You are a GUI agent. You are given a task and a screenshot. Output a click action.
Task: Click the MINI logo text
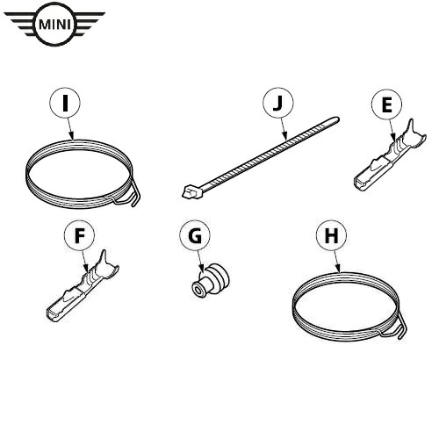tap(55, 24)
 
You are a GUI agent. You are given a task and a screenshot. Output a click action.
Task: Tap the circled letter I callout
tap(65, 103)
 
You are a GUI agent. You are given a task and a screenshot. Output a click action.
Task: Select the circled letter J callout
tap(278, 103)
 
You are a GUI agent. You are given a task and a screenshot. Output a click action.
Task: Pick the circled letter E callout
tap(387, 104)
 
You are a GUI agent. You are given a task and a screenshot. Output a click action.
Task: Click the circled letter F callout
tap(80, 235)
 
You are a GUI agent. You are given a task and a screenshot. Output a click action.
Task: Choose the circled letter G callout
tap(195, 235)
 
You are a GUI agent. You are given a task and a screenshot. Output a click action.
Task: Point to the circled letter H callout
tap(332, 235)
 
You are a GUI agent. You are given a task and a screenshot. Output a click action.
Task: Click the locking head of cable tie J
tap(192, 191)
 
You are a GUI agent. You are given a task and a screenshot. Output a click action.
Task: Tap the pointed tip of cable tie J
tap(337, 119)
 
